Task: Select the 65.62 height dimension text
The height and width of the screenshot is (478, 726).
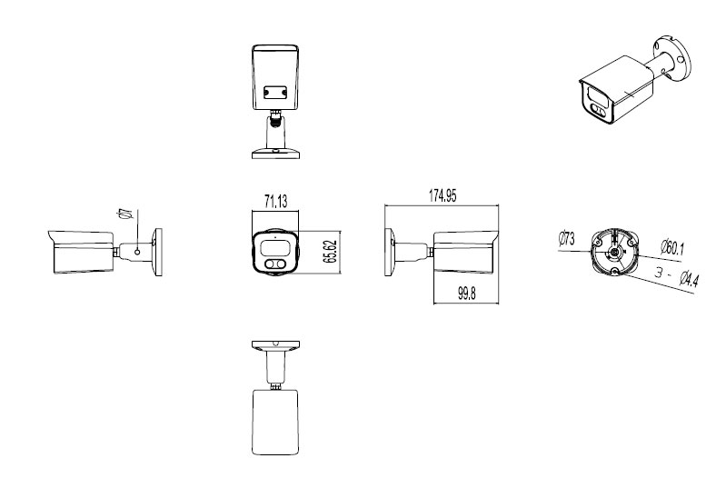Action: click(333, 253)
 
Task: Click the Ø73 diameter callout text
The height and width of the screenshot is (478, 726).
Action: click(565, 239)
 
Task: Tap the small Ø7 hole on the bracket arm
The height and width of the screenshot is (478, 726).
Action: click(136, 250)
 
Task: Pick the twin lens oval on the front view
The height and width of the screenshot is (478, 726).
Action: click(274, 264)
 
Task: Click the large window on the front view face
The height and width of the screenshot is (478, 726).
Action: click(275, 246)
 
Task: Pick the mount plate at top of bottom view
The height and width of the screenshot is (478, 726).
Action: click(274, 346)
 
